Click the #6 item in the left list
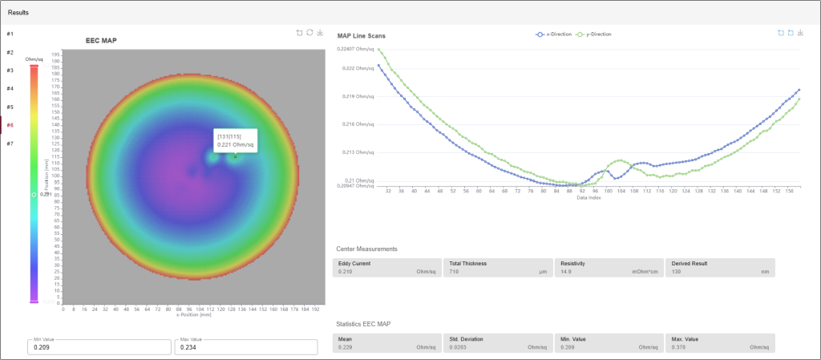[10, 125]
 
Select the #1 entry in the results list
[10, 34]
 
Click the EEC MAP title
[102, 40]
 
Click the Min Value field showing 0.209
[99, 347]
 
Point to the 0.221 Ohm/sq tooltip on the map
[235, 140]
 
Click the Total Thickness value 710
[455, 273]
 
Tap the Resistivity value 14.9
[565, 273]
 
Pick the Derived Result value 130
[676, 273]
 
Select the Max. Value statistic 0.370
[678, 348]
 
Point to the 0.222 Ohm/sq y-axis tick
[356, 68]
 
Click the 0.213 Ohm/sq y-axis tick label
[356, 152]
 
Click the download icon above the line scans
[801, 33]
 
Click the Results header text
[19, 13]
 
